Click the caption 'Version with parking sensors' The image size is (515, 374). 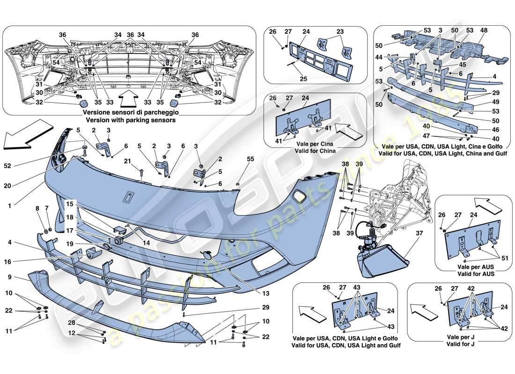(x=129, y=120)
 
